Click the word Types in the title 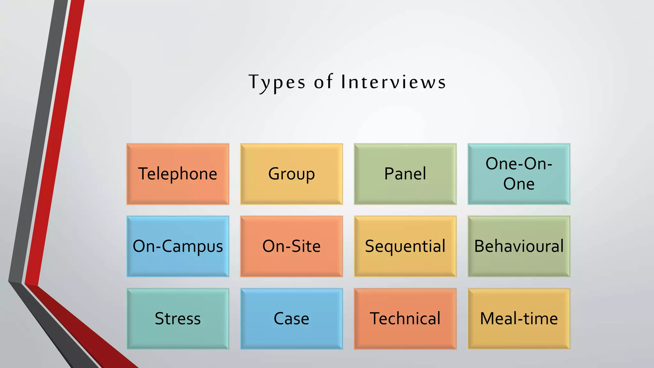point(277,82)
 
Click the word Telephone point(178,174)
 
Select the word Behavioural point(519,246)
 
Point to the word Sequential point(405,246)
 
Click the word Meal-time point(519,319)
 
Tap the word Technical point(405,319)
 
